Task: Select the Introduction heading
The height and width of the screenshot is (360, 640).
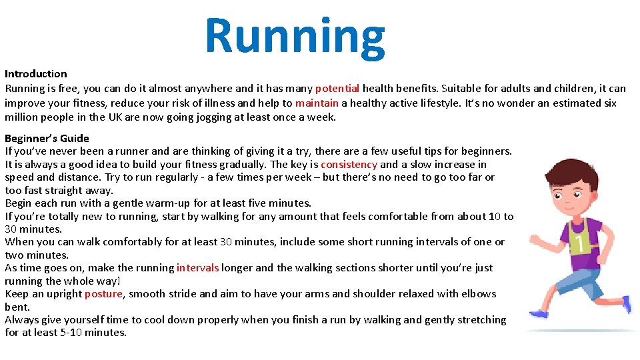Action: coord(36,74)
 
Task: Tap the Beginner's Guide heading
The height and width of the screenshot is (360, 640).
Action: coord(47,139)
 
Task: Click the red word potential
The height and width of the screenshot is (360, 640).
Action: coord(337,88)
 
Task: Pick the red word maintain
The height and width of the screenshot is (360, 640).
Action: coord(317,103)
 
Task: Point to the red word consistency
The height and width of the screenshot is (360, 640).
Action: coord(349,165)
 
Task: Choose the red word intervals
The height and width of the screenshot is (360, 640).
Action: coord(197,268)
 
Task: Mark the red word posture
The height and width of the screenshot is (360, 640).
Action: coord(103,294)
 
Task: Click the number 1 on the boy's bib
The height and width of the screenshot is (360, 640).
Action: coord(579,244)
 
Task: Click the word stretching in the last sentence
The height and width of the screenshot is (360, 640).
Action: coord(478,320)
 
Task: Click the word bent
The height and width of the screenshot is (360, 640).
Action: coord(17,307)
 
